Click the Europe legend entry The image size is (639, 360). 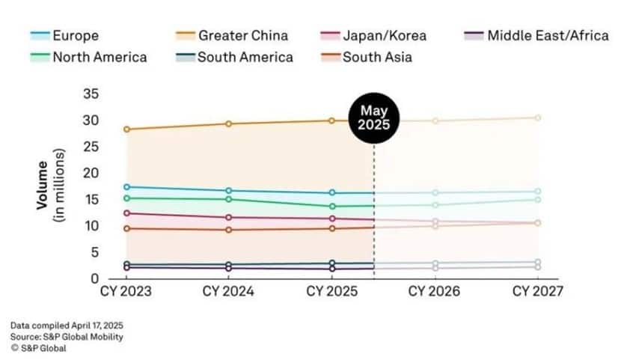pyautogui.click(x=64, y=35)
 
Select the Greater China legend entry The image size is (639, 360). pyautogui.click(x=231, y=35)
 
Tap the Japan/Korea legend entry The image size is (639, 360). pyautogui.click(x=373, y=35)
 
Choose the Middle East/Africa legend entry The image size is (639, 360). pyautogui.click(x=536, y=35)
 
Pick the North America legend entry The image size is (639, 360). pyautogui.click(x=88, y=57)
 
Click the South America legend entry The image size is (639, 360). pyautogui.click(x=234, y=57)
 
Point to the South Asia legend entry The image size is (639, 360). pyautogui.click(x=367, y=57)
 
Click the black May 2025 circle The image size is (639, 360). pyautogui.click(x=374, y=118)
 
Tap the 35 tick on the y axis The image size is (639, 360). pyautogui.click(x=91, y=94)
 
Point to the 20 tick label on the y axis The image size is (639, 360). pyautogui.click(x=91, y=174)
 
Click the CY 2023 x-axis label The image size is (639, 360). pyautogui.click(x=126, y=291)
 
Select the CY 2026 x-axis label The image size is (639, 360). pyautogui.click(x=435, y=291)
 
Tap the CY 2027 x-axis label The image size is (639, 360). pyautogui.click(x=538, y=291)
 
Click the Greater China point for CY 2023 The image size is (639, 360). pyautogui.click(x=126, y=129)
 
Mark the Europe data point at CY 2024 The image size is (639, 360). pyautogui.click(x=229, y=190)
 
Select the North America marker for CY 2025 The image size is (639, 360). pyautogui.click(x=332, y=207)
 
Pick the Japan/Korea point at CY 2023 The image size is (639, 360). pyautogui.click(x=126, y=213)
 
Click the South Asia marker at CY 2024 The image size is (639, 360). pyautogui.click(x=229, y=230)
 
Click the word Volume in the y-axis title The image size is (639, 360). pyautogui.click(x=42, y=185)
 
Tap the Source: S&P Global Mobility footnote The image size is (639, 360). pyautogui.click(x=67, y=337)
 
